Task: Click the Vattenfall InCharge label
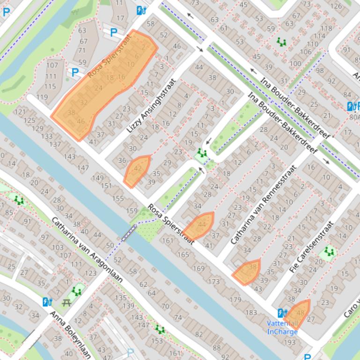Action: click(282, 327)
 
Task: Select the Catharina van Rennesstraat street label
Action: click(264, 205)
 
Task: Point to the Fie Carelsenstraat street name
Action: click(311, 247)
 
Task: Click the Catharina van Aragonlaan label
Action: click(87, 250)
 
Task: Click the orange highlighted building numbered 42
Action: click(137, 169)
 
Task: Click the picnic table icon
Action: click(66, 302)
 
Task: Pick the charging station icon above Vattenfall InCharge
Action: click(281, 313)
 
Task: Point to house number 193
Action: click(290, 343)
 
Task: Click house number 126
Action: click(336, 6)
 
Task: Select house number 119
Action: click(42, 97)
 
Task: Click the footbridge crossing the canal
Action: click(129, 232)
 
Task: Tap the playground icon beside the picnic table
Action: click(77, 292)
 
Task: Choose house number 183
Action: click(251, 312)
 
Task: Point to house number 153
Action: click(157, 341)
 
